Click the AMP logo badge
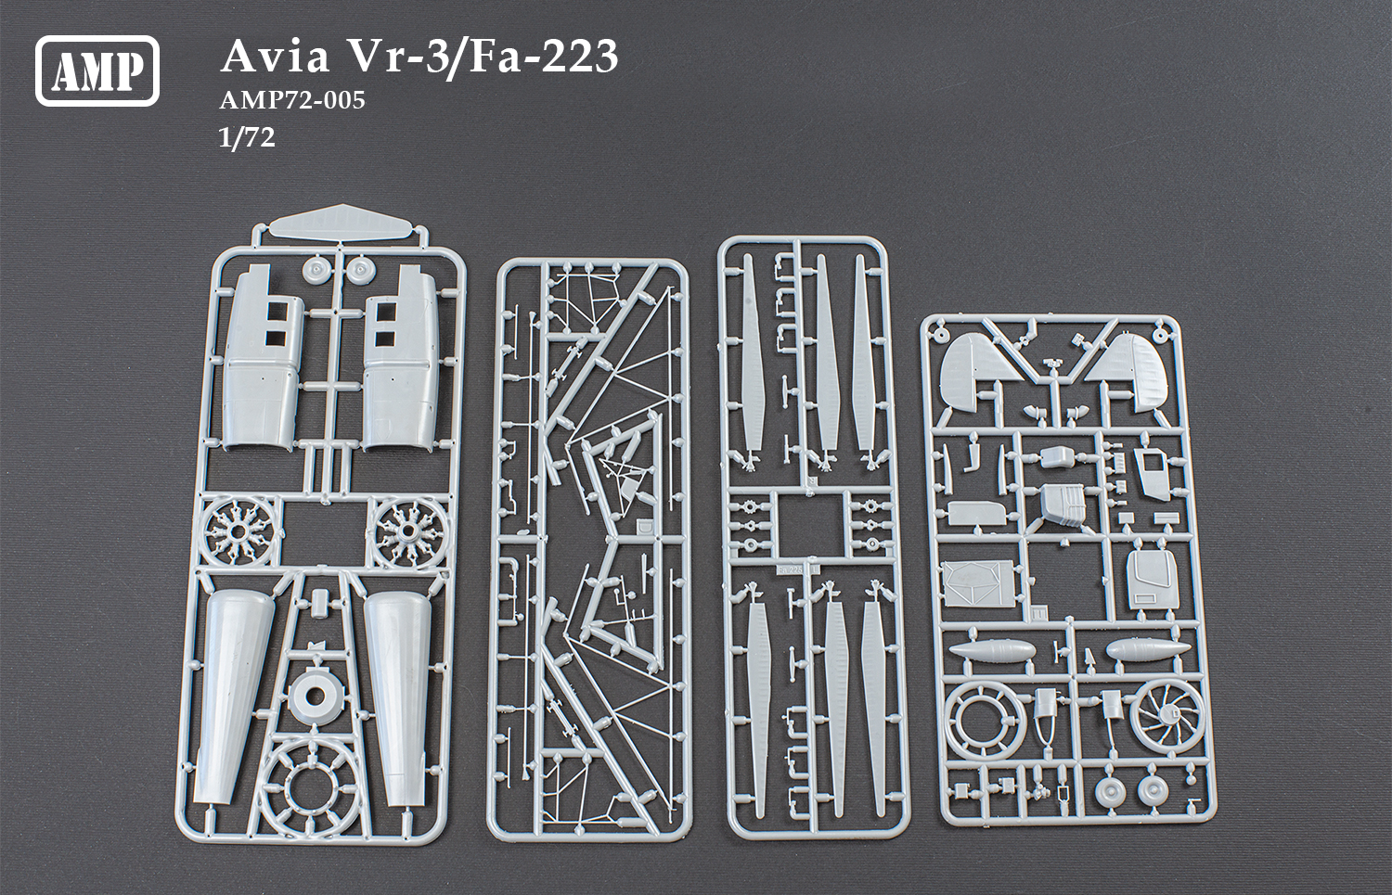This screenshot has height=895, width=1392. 97,70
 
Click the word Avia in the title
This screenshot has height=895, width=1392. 275,57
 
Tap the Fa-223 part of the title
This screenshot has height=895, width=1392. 543,57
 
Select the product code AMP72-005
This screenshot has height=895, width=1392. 292,100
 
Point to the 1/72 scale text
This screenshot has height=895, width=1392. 247,137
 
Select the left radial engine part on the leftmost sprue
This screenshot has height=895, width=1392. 238,531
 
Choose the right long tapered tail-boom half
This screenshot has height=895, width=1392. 395,691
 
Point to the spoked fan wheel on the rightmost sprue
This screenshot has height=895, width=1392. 1166,716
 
